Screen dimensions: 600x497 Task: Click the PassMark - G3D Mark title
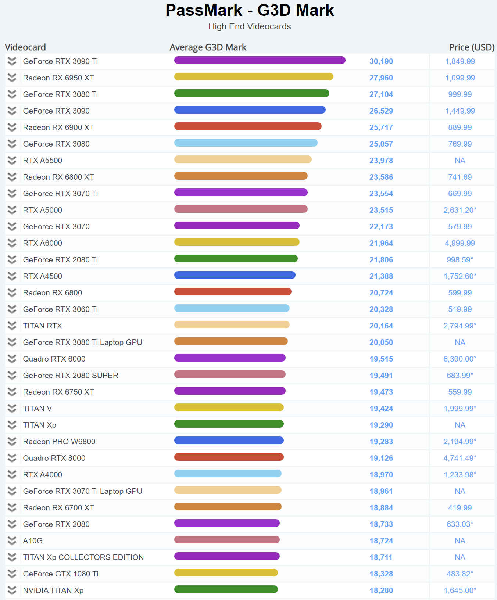click(x=250, y=10)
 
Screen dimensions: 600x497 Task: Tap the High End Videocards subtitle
click(x=250, y=26)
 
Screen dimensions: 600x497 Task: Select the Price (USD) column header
click(x=472, y=47)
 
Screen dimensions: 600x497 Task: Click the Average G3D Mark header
click(x=208, y=47)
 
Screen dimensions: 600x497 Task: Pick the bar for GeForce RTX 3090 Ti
click(x=260, y=60)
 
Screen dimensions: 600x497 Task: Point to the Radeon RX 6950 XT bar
click(x=254, y=77)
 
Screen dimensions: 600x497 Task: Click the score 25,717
click(x=381, y=127)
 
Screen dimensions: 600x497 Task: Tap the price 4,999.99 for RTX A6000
click(x=460, y=243)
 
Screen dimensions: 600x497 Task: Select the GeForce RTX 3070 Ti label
click(x=60, y=194)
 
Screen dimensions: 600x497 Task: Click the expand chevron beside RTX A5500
click(x=12, y=161)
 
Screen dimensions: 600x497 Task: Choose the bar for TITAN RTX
click(x=232, y=325)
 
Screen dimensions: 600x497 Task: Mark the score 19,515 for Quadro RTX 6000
click(x=381, y=359)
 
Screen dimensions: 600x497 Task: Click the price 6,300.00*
click(x=460, y=359)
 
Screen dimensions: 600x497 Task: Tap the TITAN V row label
click(x=37, y=409)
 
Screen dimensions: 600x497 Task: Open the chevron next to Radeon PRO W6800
click(x=12, y=442)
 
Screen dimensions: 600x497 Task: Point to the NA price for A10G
click(x=460, y=541)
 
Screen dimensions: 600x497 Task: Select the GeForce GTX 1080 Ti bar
click(x=226, y=573)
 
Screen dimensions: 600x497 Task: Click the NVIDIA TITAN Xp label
click(x=53, y=590)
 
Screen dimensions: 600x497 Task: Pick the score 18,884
click(x=381, y=508)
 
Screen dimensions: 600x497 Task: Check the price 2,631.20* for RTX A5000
click(x=460, y=210)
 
